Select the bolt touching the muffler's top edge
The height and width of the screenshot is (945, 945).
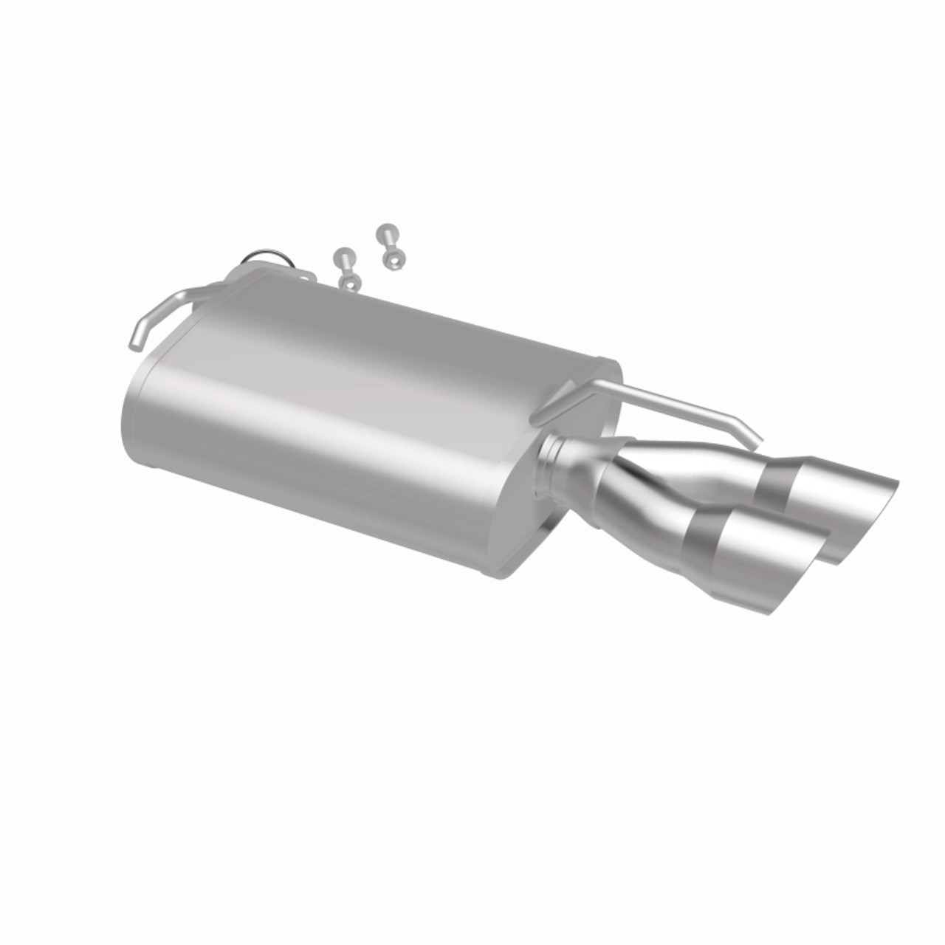tap(346, 269)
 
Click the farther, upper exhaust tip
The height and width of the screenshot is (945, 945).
tap(827, 502)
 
